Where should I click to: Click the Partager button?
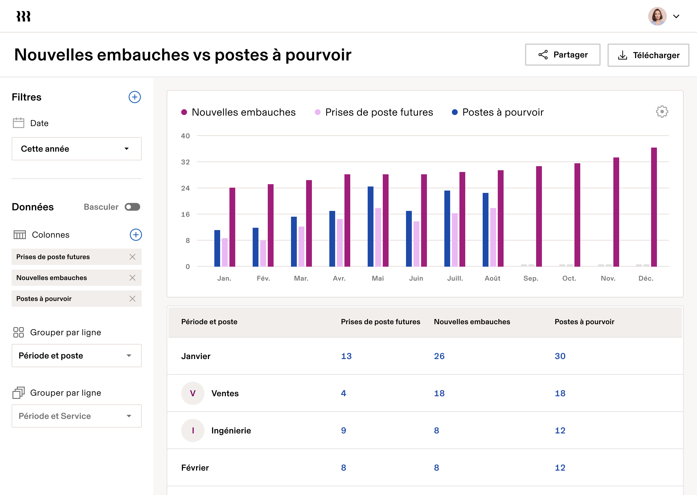pos(562,55)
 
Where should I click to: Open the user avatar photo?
pos(657,17)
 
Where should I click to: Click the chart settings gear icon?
pos(662,112)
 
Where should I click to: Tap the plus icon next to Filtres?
pos(135,97)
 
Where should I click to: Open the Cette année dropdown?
pos(76,149)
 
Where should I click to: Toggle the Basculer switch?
pos(132,207)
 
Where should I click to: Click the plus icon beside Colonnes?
pos(136,235)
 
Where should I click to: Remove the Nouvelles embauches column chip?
pos(132,278)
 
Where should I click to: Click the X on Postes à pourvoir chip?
pos(132,299)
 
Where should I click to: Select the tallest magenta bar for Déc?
pos(654,207)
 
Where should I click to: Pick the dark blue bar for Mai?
pos(371,227)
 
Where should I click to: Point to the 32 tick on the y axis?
pos(185,162)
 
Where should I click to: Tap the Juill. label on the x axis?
pos(455,278)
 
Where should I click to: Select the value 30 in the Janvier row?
pos(560,356)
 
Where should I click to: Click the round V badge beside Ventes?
pos(193,393)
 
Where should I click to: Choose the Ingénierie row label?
pos(231,431)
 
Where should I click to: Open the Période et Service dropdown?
pos(76,416)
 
